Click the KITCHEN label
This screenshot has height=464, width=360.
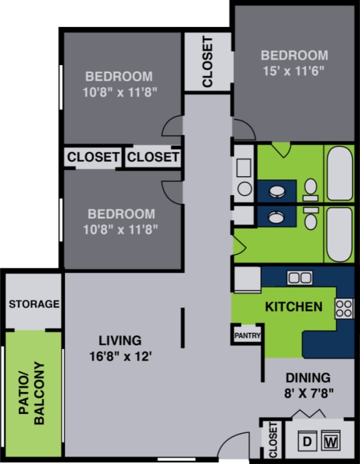[x=294, y=306]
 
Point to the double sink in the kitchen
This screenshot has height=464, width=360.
[x=299, y=277]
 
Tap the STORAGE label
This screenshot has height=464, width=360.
[x=34, y=305]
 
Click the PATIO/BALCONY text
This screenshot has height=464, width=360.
[x=32, y=393]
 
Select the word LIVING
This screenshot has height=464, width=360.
[x=120, y=341]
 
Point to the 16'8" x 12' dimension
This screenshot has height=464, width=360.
[x=120, y=357]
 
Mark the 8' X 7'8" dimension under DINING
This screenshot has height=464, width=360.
[x=308, y=394]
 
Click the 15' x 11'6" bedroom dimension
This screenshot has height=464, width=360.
[x=294, y=70]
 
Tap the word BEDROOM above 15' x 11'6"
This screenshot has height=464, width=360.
[x=294, y=55]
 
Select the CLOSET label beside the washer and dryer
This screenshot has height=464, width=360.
[x=272, y=440]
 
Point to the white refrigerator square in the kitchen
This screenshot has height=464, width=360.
[x=247, y=279]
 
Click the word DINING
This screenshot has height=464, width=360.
[x=307, y=378]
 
